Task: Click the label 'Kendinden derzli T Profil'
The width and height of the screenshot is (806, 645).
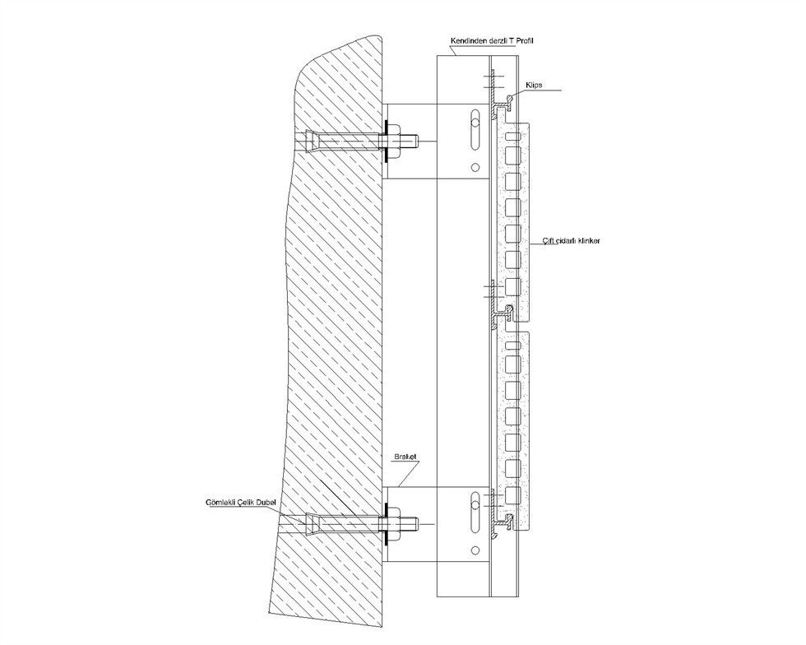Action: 492,40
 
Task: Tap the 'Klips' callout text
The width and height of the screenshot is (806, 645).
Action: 534,85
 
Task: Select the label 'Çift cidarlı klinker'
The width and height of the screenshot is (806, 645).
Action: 572,240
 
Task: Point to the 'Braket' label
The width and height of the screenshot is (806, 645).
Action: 405,457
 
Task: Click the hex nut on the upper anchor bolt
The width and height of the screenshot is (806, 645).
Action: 394,141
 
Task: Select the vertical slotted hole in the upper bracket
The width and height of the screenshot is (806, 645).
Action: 475,131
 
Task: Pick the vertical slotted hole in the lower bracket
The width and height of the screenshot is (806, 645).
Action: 475,513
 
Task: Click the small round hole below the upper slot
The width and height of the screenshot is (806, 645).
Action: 475,167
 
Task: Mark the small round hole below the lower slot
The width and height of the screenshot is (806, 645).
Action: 475,551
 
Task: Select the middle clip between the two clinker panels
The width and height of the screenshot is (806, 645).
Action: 503,313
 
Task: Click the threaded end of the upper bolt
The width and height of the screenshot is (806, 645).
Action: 410,141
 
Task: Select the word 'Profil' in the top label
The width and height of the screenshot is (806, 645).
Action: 525,40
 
